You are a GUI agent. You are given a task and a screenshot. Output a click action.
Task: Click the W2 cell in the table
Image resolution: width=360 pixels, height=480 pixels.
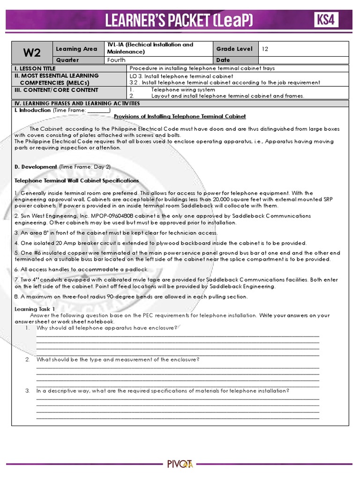coord(32,52)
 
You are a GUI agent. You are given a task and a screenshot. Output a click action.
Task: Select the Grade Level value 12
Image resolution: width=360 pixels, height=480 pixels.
coord(265,49)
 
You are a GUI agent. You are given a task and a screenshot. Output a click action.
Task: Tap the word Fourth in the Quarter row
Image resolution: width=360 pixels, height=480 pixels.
coord(116,60)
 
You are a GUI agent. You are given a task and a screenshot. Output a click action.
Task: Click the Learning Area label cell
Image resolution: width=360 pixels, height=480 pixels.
coord(76,49)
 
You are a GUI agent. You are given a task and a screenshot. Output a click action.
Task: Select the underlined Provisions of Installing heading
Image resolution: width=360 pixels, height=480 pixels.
coord(180,116)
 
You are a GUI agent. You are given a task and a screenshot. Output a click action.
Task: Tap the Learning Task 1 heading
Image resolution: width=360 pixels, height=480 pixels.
coord(35,309)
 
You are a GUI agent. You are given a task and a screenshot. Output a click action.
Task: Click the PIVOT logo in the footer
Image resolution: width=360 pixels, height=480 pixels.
coord(180,464)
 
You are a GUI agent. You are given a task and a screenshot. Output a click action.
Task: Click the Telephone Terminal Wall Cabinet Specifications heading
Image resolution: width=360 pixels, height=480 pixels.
coord(76,180)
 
